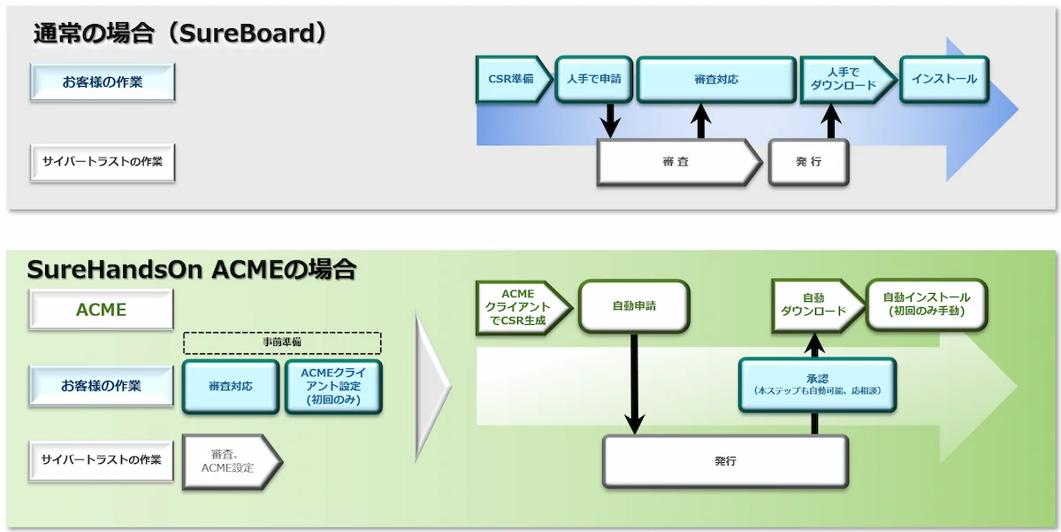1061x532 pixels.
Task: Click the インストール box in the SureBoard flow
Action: pos(943,79)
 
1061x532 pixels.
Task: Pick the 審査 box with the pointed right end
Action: pos(676,162)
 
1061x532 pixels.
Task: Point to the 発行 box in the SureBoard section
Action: pos(808,162)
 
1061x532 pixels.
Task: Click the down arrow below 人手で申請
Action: pos(610,120)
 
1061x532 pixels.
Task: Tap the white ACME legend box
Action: pos(101,310)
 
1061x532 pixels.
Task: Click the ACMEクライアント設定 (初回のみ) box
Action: pos(334,386)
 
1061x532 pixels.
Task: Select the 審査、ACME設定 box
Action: pos(231,461)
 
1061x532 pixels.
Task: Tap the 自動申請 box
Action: pos(634,306)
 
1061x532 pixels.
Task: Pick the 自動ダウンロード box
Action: pos(813,305)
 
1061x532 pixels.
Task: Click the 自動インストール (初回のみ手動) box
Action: pos(926,305)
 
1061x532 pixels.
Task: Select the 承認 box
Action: pos(816,384)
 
